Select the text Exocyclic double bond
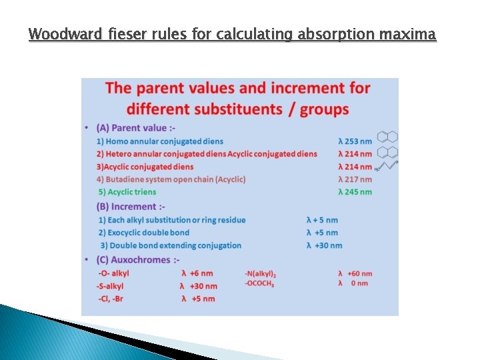[x=143, y=233]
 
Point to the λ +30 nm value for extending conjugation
[x=324, y=245]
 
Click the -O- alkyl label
[x=114, y=273]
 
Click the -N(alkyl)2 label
[x=261, y=273]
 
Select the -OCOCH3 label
[x=260, y=283]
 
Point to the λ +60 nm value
[x=355, y=273]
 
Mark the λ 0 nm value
[x=353, y=283]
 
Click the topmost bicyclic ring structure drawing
[x=387, y=137]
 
